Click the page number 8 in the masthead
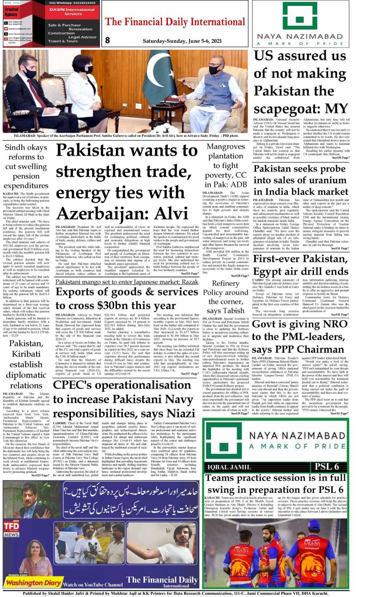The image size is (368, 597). pos(107,40)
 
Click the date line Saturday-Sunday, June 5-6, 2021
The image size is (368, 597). pos(182,41)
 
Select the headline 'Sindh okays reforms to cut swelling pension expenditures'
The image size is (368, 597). pos(26,166)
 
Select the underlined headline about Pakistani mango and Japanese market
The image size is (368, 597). pos(127,282)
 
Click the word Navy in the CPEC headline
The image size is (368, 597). pos(176,399)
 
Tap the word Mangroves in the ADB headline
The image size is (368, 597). pos(225,147)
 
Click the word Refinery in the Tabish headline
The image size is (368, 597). pos(225,284)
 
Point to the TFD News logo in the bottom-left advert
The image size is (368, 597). pos(11,529)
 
